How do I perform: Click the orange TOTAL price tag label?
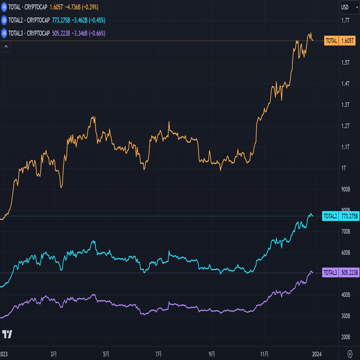pyautogui.click(x=331, y=41)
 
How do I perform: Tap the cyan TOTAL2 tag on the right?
pyautogui.click(x=331, y=216)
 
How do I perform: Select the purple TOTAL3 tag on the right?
pyautogui.click(x=330, y=273)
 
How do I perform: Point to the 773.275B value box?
pyautogui.click(x=349, y=216)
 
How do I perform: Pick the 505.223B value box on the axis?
pyautogui.click(x=349, y=273)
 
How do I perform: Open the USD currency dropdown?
pyautogui.click(x=349, y=7)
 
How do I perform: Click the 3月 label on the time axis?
pyautogui.click(x=54, y=354)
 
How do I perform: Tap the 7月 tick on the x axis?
pyautogui.click(x=158, y=354)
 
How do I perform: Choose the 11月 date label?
pyautogui.click(x=265, y=354)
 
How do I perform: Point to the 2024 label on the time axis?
pyautogui.click(x=317, y=354)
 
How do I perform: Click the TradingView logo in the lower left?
pyautogui.click(x=7, y=334)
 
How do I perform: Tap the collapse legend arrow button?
pyautogui.click(x=6, y=47)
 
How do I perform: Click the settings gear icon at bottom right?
pyautogui.click(x=350, y=354)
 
